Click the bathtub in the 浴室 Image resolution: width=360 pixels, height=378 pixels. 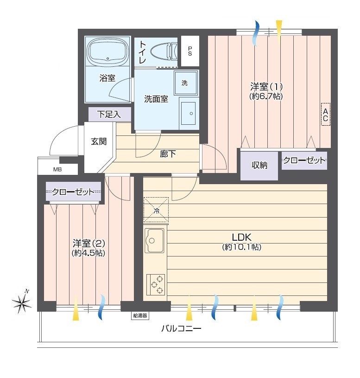(x=107, y=51)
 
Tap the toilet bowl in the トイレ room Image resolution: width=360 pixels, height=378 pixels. (x=164, y=51)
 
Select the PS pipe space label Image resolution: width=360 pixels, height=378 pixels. (x=190, y=51)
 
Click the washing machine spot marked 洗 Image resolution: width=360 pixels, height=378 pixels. (x=186, y=83)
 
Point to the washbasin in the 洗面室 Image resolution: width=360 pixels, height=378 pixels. (x=189, y=113)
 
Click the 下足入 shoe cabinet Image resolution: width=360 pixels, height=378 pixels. (x=110, y=114)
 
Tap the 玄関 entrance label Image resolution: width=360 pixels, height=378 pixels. (x=99, y=141)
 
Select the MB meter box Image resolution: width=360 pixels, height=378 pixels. (x=57, y=169)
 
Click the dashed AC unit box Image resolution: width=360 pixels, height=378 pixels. (x=326, y=114)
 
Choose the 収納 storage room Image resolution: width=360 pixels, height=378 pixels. (x=259, y=166)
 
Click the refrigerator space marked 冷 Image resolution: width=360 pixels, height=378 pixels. (x=156, y=210)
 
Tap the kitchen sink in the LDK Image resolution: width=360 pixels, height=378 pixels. (x=154, y=240)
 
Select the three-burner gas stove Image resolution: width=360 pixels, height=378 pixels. (x=156, y=284)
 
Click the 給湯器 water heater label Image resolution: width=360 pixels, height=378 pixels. (x=140, y=315)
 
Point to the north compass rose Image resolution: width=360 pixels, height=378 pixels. (x=22, y=301)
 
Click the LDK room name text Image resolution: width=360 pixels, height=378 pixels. (x=241, y=237)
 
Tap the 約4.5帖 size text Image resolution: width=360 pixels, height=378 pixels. (x=88, y=253)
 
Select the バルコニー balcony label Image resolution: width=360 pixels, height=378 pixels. (x=181, y=328)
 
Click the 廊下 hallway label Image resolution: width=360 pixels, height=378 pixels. (x=168, y=154)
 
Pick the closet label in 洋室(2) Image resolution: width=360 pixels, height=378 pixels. (x=73, y=192)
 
